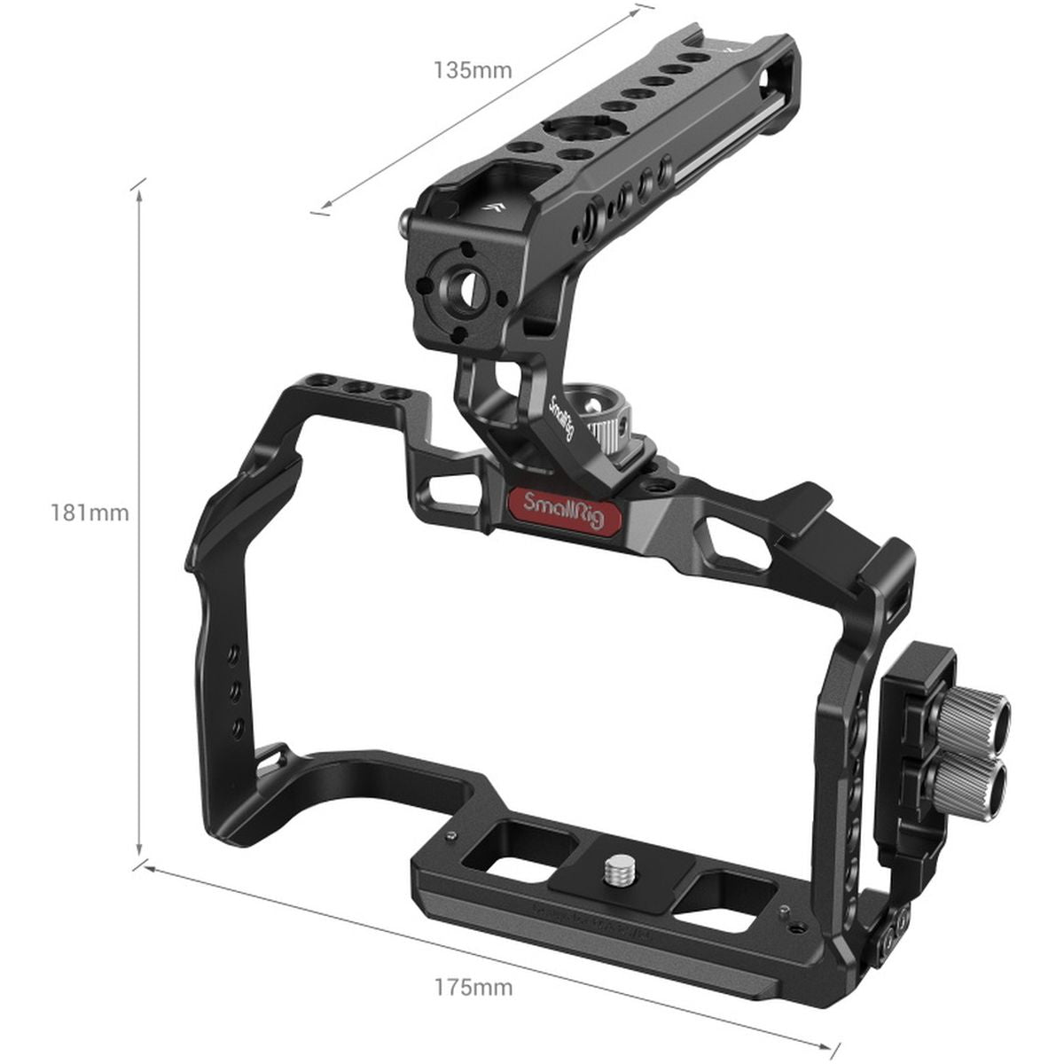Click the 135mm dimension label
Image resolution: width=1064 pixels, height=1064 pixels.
(473, 70)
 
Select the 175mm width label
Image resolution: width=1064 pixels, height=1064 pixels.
(473, 961)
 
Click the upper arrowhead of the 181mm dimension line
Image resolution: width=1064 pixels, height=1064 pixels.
(139, 189)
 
